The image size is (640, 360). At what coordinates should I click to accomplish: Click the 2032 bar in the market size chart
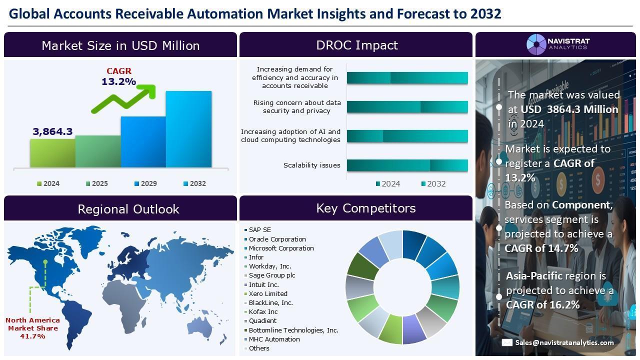point(189,129)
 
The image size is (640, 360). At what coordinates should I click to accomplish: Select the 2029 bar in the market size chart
point(143,141)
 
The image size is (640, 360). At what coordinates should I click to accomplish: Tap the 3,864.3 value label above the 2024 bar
point(52,131)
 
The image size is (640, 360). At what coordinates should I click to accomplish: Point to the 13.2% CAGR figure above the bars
point(119,81)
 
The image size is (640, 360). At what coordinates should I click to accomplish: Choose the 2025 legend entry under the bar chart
point(97,183)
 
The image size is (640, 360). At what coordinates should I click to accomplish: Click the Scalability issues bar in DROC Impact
point(407,165)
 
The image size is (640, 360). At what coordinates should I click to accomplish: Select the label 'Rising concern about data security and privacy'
point(297,106)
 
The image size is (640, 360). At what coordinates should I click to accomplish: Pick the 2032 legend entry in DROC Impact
point(433,183)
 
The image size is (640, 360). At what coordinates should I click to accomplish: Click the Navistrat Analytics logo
point(558,44)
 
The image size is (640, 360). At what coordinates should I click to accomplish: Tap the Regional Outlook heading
point(128,209)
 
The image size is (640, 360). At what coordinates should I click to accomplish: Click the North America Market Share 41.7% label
point(33,328)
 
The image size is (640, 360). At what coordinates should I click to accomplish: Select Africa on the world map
point(125,303)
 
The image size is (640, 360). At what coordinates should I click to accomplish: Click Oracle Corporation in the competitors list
point(277,239)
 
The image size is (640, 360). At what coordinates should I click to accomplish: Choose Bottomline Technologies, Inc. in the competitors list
point(293,330)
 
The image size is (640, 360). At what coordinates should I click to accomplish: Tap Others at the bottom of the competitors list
point(259,348)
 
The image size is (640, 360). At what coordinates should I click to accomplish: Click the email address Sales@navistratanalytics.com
point(564,342)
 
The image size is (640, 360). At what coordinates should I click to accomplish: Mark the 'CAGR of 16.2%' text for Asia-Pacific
point(542,305)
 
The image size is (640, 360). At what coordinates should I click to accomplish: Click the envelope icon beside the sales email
point(507,342)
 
